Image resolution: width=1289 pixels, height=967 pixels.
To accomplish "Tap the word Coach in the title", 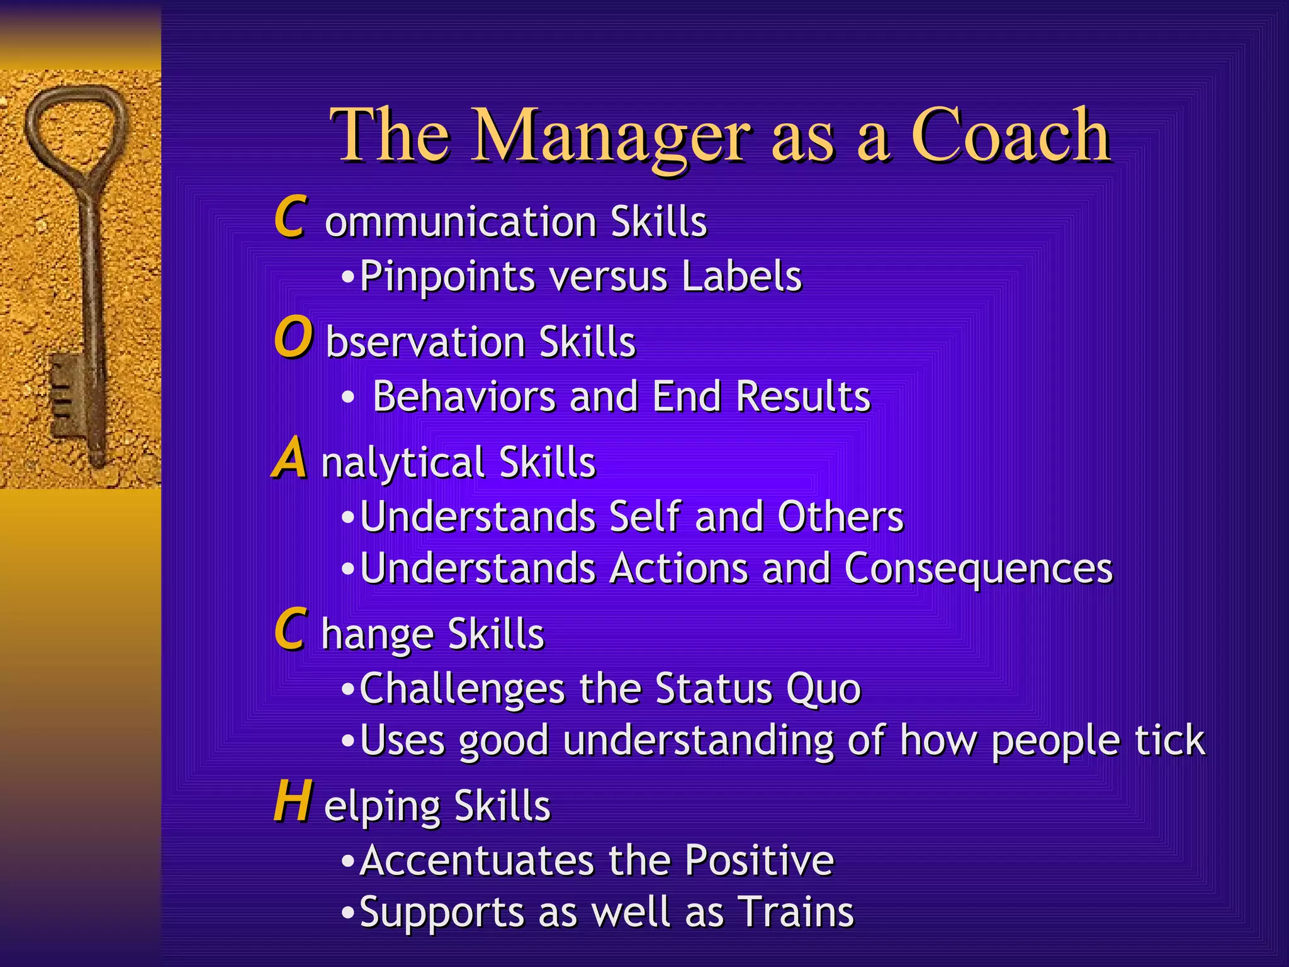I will click(1011, 135).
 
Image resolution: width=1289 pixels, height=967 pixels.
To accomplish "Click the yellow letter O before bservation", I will click(293, 338).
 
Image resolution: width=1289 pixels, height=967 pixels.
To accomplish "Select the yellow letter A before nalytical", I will click(290, 459).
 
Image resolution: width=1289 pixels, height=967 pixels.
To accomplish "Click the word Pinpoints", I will click(447, 277).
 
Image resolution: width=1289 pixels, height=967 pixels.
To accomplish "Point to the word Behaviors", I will click(464, 397).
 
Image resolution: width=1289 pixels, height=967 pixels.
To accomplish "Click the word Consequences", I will click(978, 568).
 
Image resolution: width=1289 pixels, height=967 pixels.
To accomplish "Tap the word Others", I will click(840, 517).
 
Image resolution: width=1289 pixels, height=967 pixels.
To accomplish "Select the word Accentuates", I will click(477, 861).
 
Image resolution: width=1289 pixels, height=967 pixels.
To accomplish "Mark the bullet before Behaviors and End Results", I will click(348, 399).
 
